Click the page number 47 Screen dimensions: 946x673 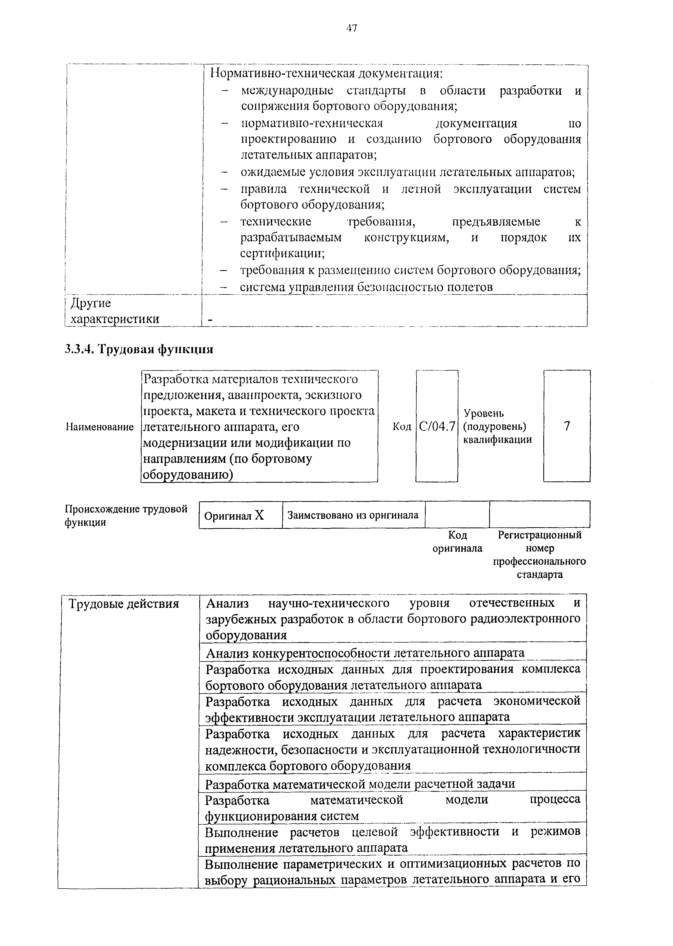[x=351, y=28]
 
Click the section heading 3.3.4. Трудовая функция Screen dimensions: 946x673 [x=139, y=349]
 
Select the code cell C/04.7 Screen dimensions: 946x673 [x=437, y=426]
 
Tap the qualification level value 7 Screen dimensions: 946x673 [x=567, y=426]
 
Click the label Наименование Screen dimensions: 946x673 [x=100, y=427]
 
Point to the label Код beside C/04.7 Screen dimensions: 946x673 [x=401, y=426]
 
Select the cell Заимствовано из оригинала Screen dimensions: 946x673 [x=353, y=515]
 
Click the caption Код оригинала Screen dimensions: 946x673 [x=458, y=541]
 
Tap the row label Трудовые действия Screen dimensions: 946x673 [x=123, y=604]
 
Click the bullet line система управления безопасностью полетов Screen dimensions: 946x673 [x=366, y=287]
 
